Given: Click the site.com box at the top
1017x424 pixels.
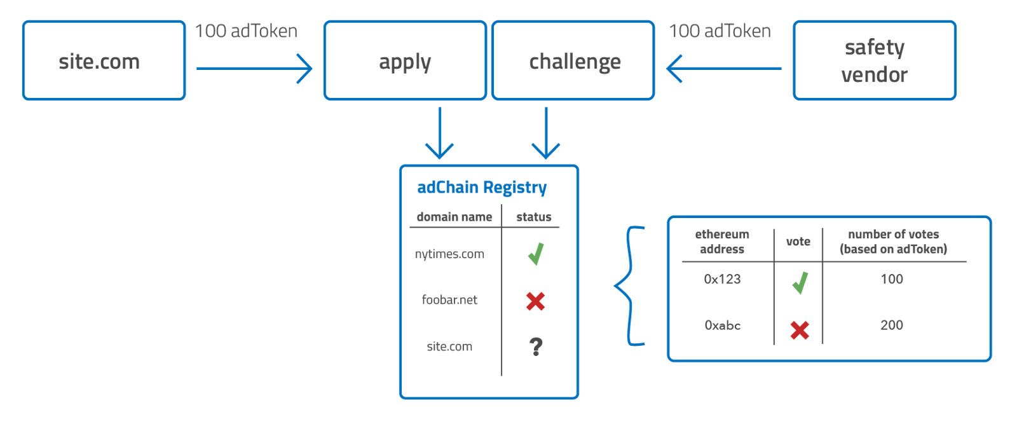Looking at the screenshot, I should click(104, 61).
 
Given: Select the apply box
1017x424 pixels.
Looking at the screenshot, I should click(405, 61).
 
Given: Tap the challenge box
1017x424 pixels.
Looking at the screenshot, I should click(573, 61).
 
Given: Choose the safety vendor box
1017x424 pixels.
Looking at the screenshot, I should click(875, 61).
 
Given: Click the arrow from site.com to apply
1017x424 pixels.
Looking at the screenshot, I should click(254, 68).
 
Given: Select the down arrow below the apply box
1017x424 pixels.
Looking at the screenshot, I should click(439, 133).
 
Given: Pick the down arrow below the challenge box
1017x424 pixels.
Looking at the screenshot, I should click(545, 133).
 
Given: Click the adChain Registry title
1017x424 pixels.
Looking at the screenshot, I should click(482, 188).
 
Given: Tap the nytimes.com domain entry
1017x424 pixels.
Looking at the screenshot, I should click(449, 254).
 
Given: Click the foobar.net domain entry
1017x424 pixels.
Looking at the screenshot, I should click(449, 300).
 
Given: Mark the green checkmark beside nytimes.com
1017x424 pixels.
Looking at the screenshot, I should click(536, 254).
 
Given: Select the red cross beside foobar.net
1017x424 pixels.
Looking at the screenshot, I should click(535, 301).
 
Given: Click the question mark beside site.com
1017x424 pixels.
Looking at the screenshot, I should click(536, 346).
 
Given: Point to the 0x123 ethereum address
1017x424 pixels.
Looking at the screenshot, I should click(722, 279).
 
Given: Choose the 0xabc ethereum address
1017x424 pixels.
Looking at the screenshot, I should click(723, 325).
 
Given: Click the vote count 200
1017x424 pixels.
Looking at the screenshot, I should click(892, 325).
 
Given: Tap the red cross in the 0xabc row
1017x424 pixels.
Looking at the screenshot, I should click(800, 330).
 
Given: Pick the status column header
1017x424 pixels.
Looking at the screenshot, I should click(534, 217).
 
